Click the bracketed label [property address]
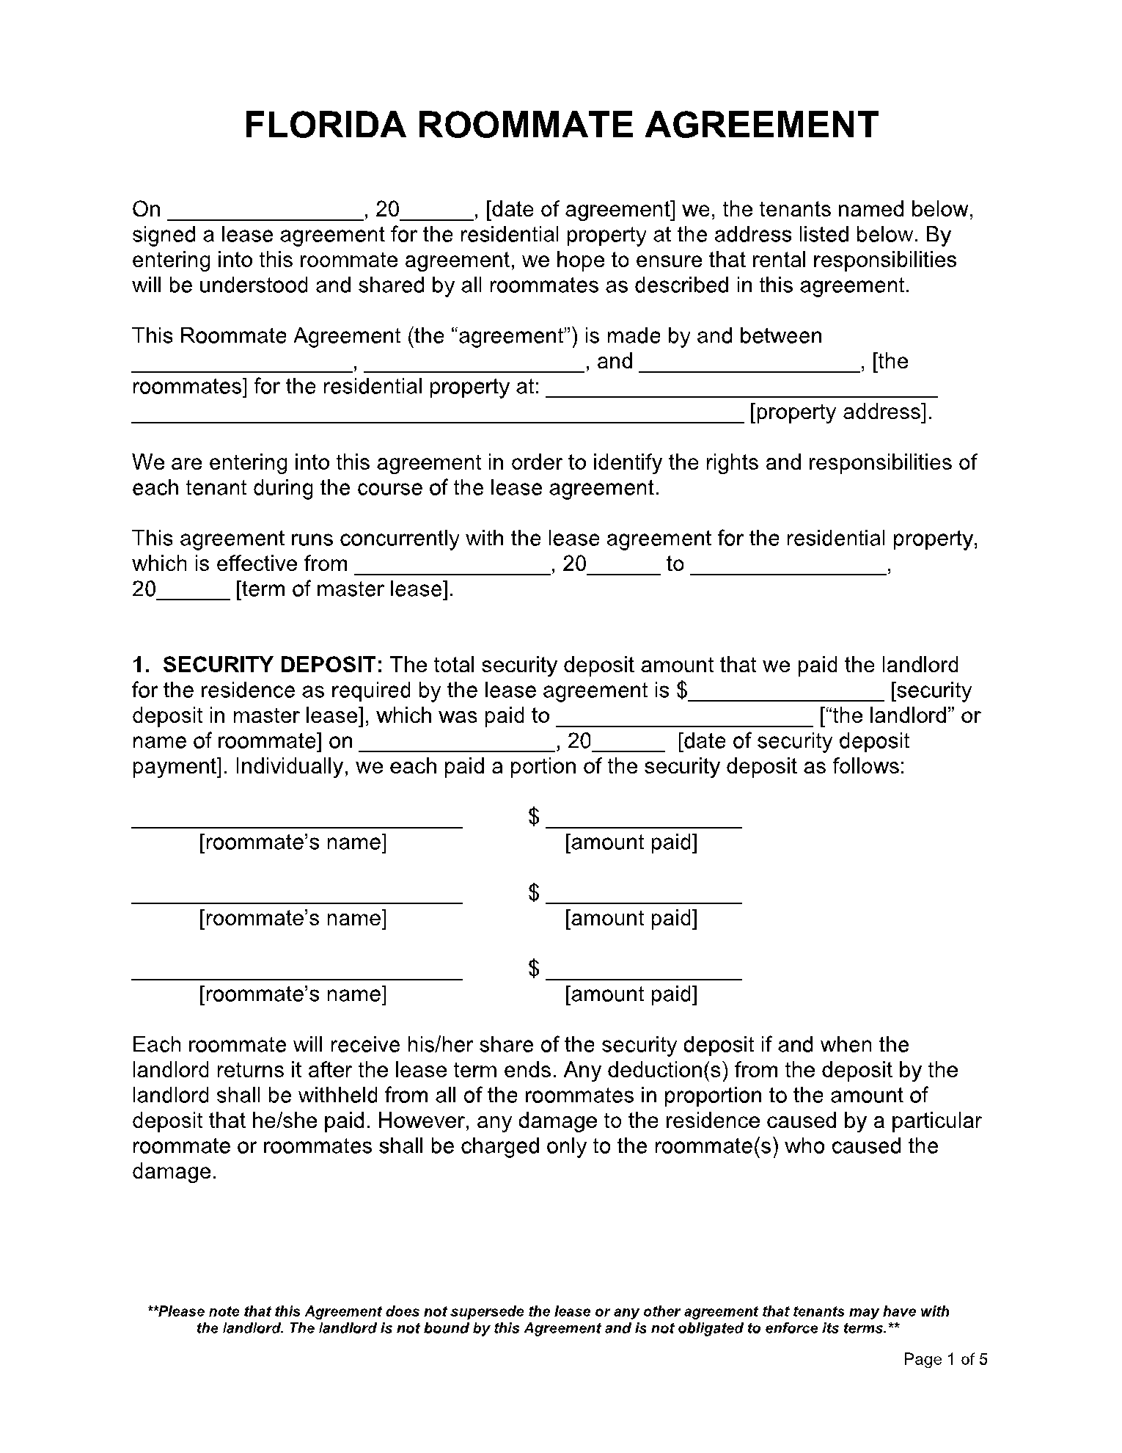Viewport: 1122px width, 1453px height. click(840, 412)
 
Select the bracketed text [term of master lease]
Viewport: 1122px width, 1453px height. click(345, 589)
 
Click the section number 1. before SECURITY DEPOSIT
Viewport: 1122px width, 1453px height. click(141, 666)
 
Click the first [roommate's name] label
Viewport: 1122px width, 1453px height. click(293, 842)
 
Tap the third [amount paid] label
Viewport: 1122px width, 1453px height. click(631, 994)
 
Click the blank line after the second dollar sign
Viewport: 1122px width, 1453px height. click(644, 899)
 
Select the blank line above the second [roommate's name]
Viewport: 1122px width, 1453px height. click(297, 900)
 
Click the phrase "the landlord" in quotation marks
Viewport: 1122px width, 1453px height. click(889, 716)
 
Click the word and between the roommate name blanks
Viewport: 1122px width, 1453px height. click(615, 362)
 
